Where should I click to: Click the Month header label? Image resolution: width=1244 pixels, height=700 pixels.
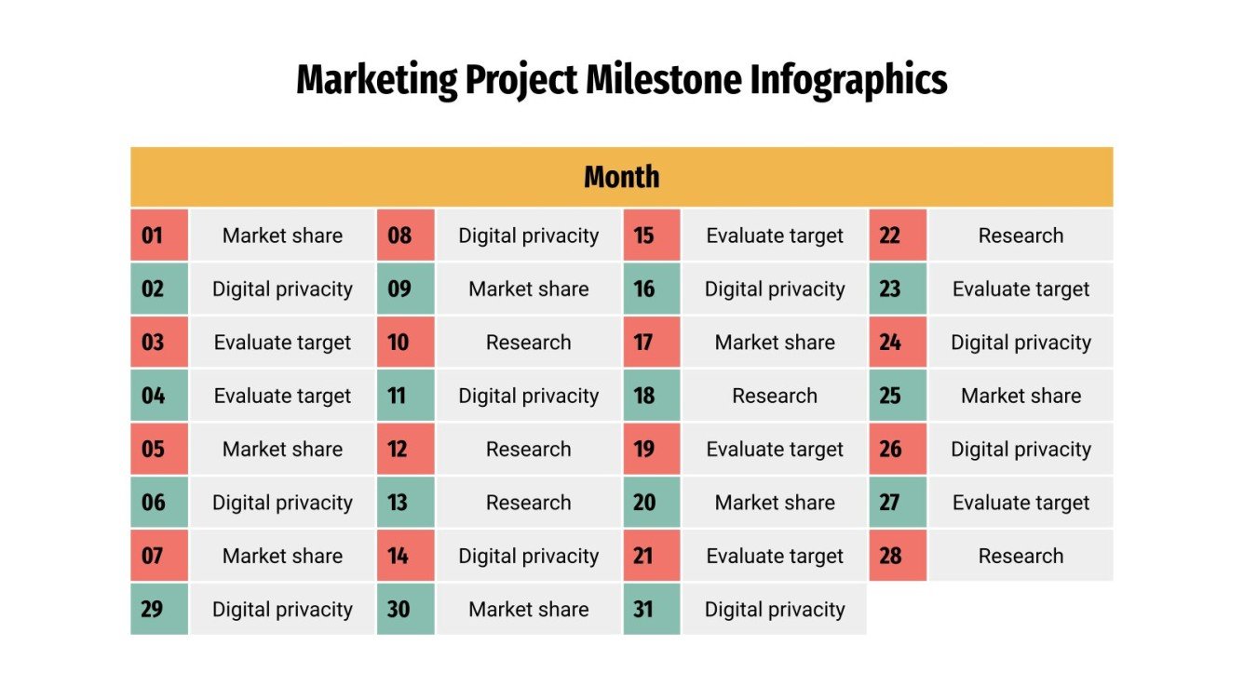(x=621, y=177)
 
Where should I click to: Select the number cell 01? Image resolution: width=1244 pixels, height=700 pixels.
(x=158, y=236)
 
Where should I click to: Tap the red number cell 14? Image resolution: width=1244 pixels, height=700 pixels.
(x=405, y=556)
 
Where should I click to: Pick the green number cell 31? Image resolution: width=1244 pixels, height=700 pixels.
(x=651, y=610)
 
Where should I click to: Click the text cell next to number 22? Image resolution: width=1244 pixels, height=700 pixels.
(x=1021, y=236)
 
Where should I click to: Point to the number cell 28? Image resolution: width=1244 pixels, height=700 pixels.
(x=898, y=556)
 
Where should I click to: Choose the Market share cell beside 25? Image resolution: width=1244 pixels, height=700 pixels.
(x=1021, y=396)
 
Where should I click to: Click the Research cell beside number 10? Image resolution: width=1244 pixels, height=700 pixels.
(x=528, y=343)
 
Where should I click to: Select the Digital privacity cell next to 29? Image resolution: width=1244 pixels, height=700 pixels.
(x=282, y=610)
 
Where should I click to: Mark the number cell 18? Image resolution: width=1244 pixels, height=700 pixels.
(x=651, y=396)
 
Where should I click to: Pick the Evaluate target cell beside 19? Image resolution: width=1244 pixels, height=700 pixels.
(x=775, y=450)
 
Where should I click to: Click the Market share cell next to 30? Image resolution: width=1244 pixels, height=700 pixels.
(x=528, y=610)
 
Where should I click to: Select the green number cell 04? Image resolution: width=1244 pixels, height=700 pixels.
(x=158, y=396)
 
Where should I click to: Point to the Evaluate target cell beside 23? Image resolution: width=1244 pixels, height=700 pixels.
(x=1021, y=289)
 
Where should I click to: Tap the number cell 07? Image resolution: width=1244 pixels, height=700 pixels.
(x=158, y=556)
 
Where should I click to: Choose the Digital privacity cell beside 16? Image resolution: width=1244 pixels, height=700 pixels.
(x=775, y=289)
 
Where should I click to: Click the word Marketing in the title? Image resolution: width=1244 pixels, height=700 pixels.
(x=376, y=81)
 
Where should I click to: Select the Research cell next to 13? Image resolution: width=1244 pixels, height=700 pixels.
(x=528, y=503)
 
